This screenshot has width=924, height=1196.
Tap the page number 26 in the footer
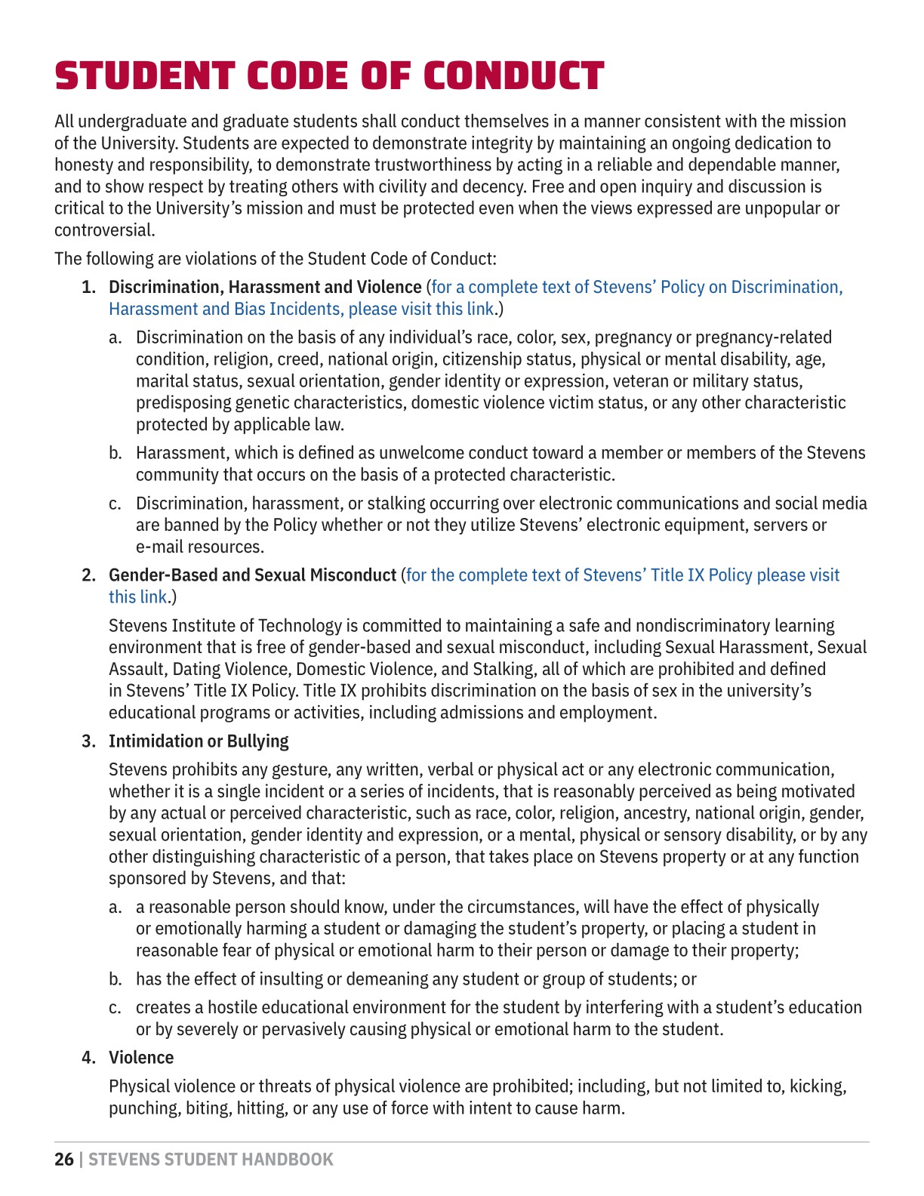(64, 1160)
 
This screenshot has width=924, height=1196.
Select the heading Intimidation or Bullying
(199, 741)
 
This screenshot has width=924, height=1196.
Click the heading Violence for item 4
(141, 1058)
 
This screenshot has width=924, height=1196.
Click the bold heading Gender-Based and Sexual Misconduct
(252, 575)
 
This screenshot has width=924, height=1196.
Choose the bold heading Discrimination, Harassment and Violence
(265, 288)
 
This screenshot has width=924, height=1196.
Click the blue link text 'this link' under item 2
(137, 597)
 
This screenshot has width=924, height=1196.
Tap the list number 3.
(88, 741)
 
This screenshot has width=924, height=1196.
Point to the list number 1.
(88, 288)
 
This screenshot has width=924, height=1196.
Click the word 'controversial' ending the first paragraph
(103, 230)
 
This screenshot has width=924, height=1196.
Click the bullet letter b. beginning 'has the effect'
(115, 979)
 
